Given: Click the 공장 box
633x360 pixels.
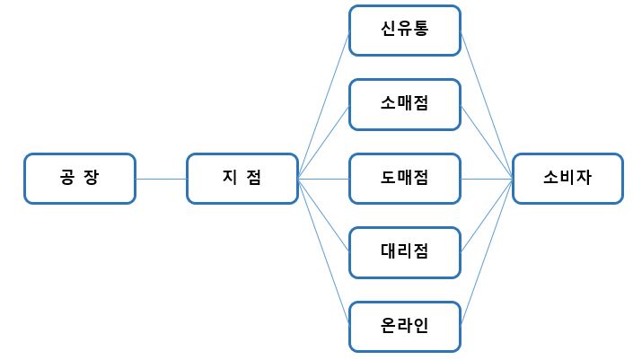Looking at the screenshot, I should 80,178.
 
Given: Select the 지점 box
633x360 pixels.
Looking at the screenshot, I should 242,178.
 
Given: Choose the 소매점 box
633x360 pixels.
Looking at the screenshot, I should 404,103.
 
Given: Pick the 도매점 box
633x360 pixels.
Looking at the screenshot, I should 404,178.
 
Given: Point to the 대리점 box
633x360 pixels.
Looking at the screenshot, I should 404,250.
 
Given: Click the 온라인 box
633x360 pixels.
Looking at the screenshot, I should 404,324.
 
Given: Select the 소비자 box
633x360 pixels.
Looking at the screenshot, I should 567,178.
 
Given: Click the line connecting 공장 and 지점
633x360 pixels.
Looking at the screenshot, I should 161,178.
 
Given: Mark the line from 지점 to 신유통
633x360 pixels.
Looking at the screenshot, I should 322,104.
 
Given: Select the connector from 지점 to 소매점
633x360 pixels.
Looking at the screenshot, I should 322,141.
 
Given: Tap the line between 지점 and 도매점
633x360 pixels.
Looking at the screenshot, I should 322,178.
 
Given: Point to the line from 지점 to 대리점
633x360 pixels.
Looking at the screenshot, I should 322,214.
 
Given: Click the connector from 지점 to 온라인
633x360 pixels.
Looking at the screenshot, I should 322,250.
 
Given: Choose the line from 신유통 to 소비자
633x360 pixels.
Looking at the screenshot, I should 487,104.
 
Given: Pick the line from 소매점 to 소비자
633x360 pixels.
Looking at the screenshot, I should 487,141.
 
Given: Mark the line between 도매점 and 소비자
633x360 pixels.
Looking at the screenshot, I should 487,178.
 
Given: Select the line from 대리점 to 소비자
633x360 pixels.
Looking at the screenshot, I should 487,215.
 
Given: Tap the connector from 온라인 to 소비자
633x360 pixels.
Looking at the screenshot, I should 487,251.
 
